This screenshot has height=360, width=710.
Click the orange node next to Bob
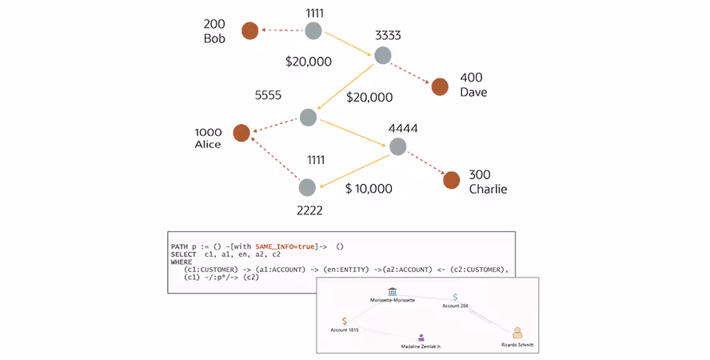tap(250, 31)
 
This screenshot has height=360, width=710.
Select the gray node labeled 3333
tap(383, 55)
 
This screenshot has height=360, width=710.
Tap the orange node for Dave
tap(440, 86)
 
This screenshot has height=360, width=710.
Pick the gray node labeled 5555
tap(308, 117)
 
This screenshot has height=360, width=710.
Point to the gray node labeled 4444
tap(397, 146)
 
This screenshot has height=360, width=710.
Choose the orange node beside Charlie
tap(452, 181)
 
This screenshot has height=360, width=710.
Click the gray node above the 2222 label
tap(308, 187)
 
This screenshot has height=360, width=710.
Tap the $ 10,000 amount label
tap(369, 189)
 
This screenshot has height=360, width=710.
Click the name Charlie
tap(488, 190)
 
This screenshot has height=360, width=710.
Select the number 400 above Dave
tap(471, 78)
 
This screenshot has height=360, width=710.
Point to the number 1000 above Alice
tap(208, 131)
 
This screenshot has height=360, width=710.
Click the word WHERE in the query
tap(182, 262)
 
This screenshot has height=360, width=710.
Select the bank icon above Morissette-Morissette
tap(393, 292)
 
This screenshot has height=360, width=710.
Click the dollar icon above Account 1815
tap(344, 321)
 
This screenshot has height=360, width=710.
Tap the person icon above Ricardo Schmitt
tap(517, 332)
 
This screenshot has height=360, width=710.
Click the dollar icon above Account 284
tap(455, 297)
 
